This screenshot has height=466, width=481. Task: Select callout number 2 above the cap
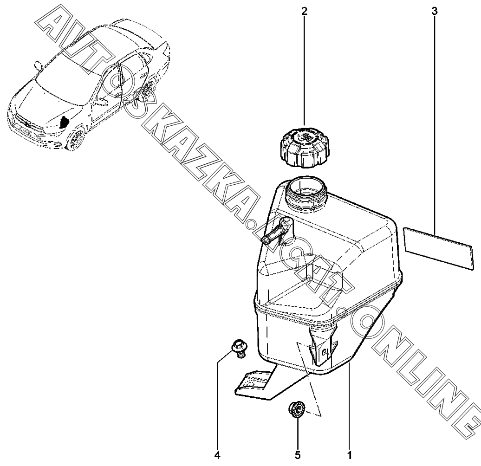pyautogui.click(x=305, y=12)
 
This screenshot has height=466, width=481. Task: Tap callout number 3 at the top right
pyautogui.click(x=434, y=12)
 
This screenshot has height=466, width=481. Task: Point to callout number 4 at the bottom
pyautogui.click(x=217, y=452)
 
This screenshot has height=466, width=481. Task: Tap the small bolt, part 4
pyautogui.click(x=239, y=348)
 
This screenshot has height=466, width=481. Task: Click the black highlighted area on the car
pyautogui.click(x=64, y=122)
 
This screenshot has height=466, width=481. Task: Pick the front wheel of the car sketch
pyautogui.click(x=75, y=140)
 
